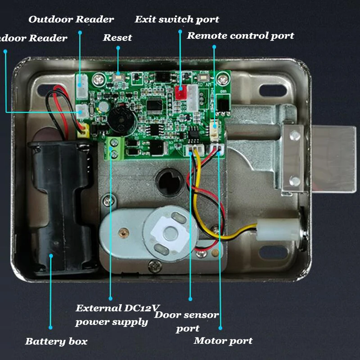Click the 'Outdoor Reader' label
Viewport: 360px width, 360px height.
coord(71,19)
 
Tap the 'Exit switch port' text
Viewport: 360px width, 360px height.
coord(177,19)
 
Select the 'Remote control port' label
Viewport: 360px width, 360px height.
coord(240,36)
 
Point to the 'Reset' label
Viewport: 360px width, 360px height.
coord(117,37)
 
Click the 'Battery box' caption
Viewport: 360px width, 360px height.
coord(56,341)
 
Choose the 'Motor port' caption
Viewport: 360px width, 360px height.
coord(223,341)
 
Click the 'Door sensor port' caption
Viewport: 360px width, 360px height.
coord(187,321)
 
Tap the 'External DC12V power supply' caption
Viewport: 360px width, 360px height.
coord(117,315)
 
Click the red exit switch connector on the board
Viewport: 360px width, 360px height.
coord(180,93)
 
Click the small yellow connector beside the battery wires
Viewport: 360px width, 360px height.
coord(82,131)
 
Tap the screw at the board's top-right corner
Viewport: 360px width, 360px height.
coord(221,80)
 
